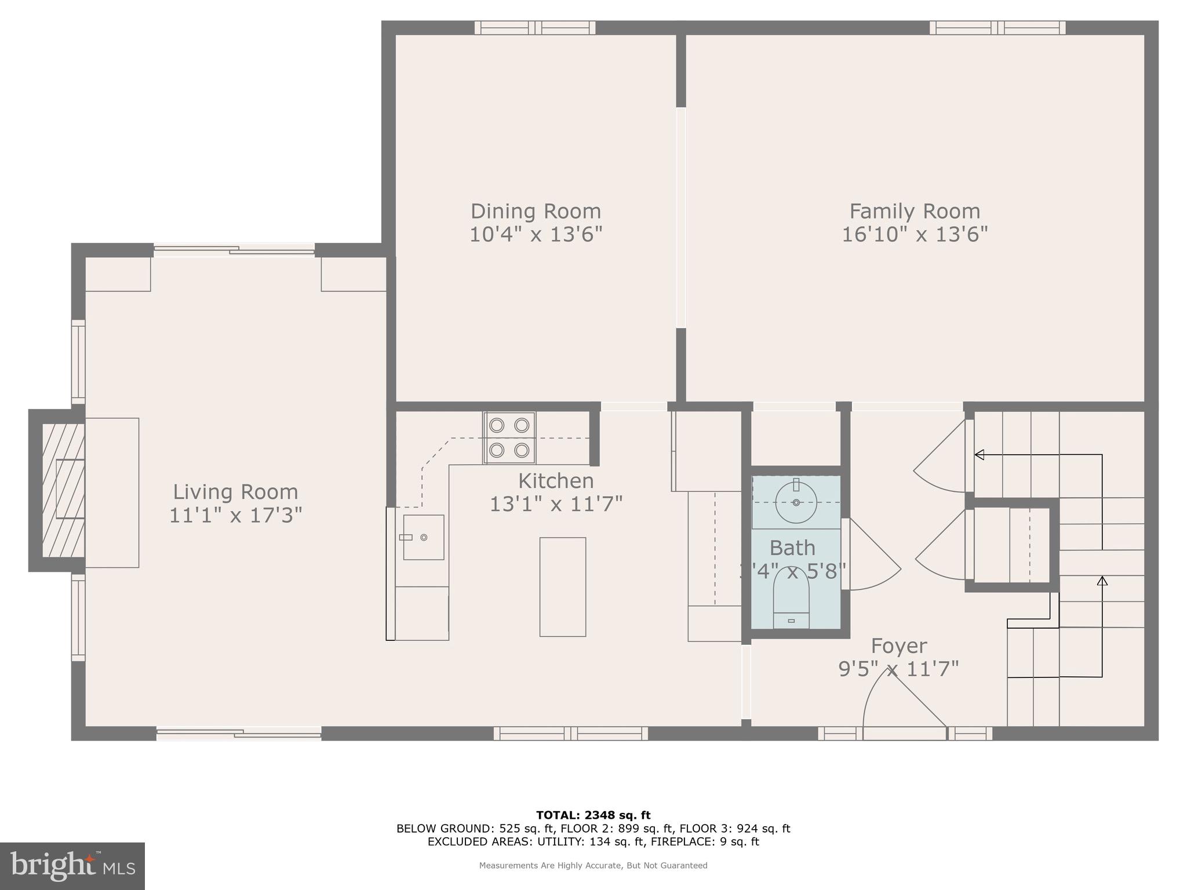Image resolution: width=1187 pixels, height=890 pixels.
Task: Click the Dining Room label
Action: [535, 211]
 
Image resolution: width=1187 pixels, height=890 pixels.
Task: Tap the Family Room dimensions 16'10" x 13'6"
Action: [914, 235]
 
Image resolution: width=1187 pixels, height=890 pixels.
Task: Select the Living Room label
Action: [235, 492]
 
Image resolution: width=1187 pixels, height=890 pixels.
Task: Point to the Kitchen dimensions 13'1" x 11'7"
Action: [555, 504]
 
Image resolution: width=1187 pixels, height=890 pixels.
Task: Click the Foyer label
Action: [899, 645]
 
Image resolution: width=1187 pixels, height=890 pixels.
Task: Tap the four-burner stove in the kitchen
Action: [509, 437]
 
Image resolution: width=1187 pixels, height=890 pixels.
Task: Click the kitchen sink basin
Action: [423, 537]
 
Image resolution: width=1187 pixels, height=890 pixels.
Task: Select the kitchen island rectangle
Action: [562, 586]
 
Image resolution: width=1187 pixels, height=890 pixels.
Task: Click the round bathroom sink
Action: [796, 502]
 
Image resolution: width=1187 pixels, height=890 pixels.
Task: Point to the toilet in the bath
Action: [791, 600]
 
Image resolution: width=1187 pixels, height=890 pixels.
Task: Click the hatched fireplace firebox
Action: [63, 490]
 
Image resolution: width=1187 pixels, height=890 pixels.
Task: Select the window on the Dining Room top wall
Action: [534, 28]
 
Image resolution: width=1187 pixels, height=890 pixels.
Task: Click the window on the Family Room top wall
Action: [997, 28]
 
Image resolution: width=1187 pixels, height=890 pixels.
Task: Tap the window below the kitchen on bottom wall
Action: [570, 734]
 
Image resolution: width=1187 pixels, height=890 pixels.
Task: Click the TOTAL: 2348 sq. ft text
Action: [593, 815]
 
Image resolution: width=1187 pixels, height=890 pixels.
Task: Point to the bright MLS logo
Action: [72, 866]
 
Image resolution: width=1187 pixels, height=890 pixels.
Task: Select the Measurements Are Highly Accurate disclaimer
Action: [593, 866]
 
